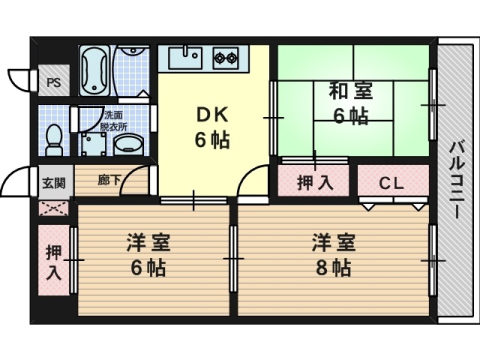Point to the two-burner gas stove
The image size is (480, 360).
point(225,57)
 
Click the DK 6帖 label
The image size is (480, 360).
point(212,127)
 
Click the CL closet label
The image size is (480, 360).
point(391,183)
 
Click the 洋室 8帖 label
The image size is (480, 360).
point(331,254)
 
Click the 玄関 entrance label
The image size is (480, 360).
point(54,183)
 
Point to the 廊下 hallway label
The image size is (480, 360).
point(108,182)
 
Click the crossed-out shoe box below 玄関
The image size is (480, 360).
point(54,209)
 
